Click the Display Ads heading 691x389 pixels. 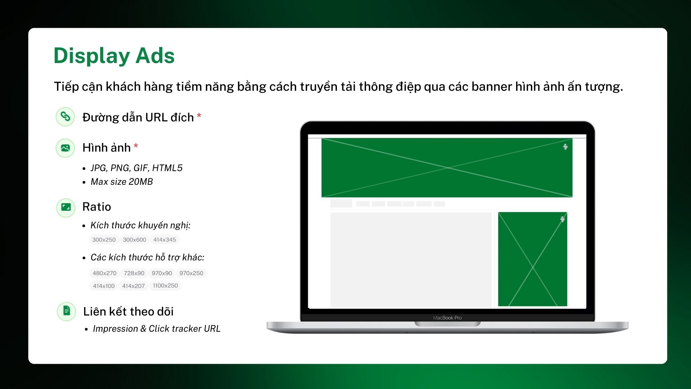(x=114, y=56)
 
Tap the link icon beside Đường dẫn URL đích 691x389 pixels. (x=65, y=117)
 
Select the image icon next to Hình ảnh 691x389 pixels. (x=65, y=148)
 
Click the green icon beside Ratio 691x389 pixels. (x=66, y=207)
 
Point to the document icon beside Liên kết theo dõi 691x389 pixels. (x=67, y=311)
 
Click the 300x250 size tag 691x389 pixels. (x=104, y=240)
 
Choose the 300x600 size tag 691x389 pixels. (x=134, y=240)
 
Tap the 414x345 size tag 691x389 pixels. (x=164, y=240)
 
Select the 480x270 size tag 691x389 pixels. (x=104, y=273)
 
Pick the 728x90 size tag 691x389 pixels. (x=134, y=273)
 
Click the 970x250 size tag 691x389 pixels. (x=191, y=273)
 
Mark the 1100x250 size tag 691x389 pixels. (x=165, y=286)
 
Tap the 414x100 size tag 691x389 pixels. (x=104, y=286)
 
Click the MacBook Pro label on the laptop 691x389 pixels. (x=447, y=318)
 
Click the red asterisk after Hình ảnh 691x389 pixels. (x=136, y=146)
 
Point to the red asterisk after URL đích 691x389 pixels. (x=199, y=116)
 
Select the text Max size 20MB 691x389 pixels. (x=122, y=182)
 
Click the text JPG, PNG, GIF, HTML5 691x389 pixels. (x=136, y=168)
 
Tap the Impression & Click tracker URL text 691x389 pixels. (x=157, y=329)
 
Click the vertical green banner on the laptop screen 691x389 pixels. (x=532, y=259)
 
